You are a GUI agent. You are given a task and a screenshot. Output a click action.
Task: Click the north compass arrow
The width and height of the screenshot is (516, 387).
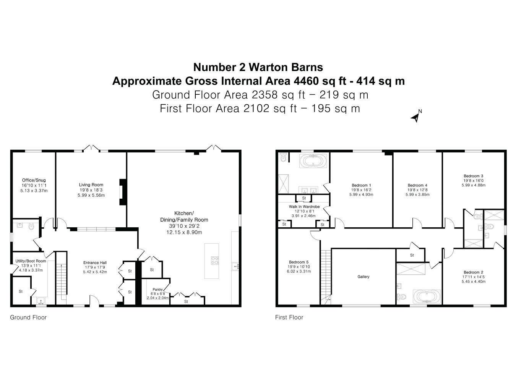[415, 117]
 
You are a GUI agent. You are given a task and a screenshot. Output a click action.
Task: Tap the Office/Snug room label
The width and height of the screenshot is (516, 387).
[34, 180]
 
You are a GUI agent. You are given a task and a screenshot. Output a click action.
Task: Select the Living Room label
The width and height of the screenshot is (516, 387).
[91, 185]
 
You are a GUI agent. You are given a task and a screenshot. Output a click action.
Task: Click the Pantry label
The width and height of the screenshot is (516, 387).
[157, 289]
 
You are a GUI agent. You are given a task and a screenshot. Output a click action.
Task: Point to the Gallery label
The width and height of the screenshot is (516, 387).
[363, 277]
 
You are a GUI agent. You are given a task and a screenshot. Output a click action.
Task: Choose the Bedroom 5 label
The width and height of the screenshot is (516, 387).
[299, 262]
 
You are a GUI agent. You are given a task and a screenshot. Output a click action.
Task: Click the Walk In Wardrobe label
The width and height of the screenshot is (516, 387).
[304, 207]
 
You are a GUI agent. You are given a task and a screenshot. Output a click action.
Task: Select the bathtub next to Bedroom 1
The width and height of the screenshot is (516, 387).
[314, 162]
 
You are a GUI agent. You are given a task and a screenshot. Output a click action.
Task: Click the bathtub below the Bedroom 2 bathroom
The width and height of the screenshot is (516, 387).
[426, 296]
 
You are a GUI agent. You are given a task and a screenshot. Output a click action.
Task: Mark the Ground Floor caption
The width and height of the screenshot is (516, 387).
[28, 317]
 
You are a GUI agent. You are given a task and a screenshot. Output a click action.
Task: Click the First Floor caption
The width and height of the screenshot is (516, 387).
[289, 317]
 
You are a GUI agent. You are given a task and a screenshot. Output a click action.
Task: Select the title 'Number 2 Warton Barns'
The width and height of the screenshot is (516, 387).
[258, 67]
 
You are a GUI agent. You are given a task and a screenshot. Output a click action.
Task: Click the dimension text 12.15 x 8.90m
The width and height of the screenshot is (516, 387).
[184, 232]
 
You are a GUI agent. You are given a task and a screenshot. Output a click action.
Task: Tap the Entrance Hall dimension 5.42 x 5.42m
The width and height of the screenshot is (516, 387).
[95, 272]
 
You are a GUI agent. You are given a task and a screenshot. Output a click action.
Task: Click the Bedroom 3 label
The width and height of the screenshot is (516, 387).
[473, 176]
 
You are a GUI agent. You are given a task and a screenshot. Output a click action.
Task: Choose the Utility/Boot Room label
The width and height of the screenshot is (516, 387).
[31, 261]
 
